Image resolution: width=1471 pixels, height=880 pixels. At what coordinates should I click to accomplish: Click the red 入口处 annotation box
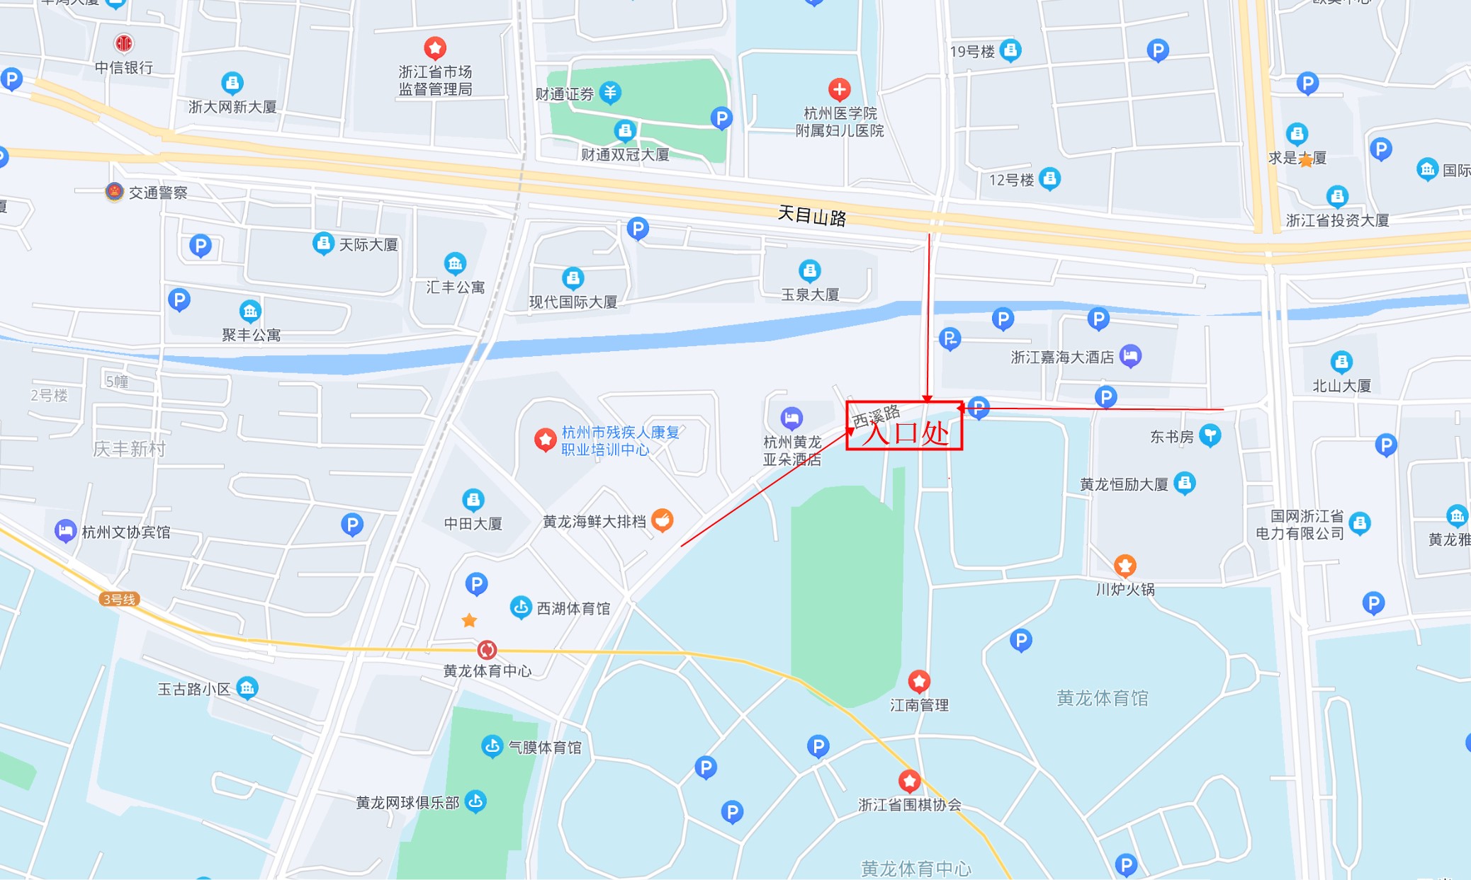904,426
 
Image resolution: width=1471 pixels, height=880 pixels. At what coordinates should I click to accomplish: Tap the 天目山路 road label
812,215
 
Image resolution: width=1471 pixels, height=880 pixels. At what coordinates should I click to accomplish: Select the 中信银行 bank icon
124,44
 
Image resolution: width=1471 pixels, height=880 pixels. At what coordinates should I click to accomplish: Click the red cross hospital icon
840,90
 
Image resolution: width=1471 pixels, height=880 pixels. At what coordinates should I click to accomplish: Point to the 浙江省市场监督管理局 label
435,81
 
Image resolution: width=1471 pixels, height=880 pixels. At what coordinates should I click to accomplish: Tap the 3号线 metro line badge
119,600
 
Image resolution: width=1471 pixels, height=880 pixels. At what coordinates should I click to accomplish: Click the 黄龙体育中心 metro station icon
487,649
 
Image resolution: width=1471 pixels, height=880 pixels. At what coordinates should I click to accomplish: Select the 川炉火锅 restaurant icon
1125,566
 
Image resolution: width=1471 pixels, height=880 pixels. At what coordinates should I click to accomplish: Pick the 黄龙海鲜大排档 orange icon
663,520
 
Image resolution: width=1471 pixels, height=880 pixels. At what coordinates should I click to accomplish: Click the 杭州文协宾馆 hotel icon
65,531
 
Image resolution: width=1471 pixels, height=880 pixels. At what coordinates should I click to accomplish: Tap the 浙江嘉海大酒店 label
1062,358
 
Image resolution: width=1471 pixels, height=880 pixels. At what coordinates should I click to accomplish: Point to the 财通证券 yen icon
610,92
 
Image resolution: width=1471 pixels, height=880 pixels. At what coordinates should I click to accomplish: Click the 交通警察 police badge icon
114,191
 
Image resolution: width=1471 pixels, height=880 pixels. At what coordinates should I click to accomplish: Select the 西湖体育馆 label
573,608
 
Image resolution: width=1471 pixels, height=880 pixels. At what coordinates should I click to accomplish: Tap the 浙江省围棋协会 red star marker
910,781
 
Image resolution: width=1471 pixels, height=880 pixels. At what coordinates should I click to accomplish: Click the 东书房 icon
1211,435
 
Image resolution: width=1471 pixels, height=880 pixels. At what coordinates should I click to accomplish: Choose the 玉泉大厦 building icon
810,270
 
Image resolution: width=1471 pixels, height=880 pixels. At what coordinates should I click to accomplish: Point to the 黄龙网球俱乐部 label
407,803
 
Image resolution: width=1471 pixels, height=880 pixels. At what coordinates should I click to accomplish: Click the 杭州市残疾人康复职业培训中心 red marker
545,440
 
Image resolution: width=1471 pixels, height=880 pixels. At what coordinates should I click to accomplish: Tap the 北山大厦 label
1341,386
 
